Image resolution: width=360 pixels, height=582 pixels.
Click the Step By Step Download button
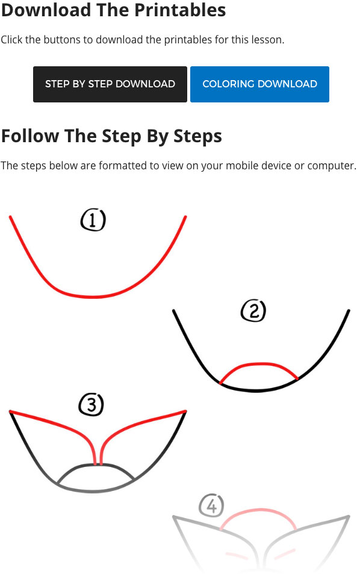110,84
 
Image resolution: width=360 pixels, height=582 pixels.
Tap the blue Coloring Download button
259,84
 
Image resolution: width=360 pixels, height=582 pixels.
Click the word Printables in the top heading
180,10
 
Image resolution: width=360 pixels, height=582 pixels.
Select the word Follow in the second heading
30,136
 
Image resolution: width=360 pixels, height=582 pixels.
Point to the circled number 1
93,220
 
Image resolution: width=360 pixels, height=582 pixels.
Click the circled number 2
253,311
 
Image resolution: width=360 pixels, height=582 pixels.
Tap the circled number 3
92,405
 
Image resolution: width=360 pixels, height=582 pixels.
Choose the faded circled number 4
211,505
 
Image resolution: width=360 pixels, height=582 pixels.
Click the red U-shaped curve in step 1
93,296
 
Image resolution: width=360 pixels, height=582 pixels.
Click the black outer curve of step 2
256,390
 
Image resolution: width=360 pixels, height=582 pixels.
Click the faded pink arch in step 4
259,510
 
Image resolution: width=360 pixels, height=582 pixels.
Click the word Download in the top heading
46,10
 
